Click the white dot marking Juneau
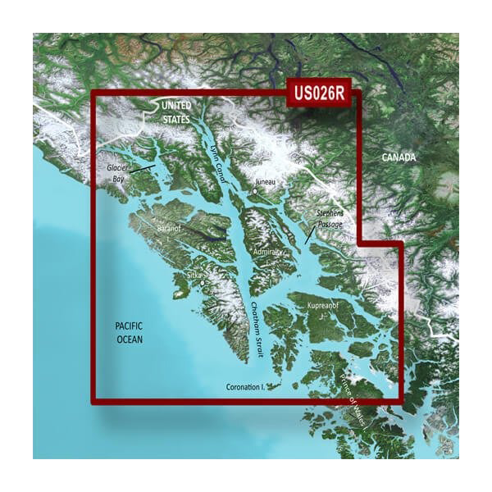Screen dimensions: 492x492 tap(255, 191)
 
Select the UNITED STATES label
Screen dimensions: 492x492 tap(175, 112)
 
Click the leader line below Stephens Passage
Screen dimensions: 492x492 tap(308, 235)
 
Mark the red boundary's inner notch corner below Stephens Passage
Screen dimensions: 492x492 tap(362, 244)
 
